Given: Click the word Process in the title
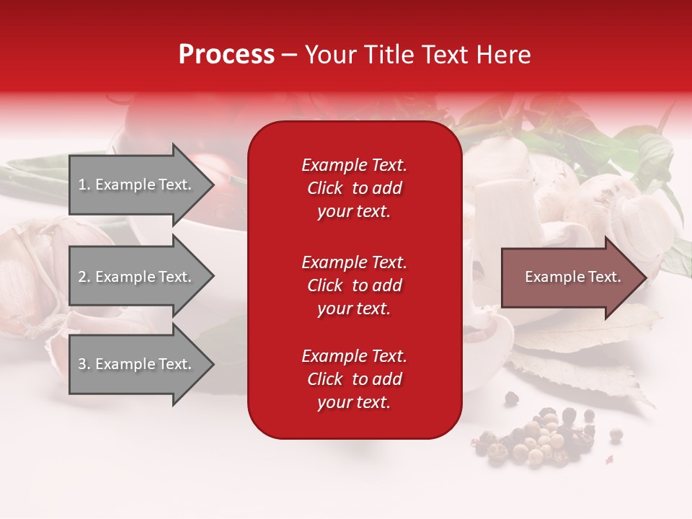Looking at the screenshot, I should coord(226,55).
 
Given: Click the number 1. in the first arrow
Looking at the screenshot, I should coord(84,185).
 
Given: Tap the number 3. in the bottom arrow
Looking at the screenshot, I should coord(84,365).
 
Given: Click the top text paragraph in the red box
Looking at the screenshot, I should coord(354,188).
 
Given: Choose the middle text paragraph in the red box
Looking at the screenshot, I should coord(354,285).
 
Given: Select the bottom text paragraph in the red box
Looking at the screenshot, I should coord(354,379).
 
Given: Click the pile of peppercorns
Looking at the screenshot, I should coord(541,438).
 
